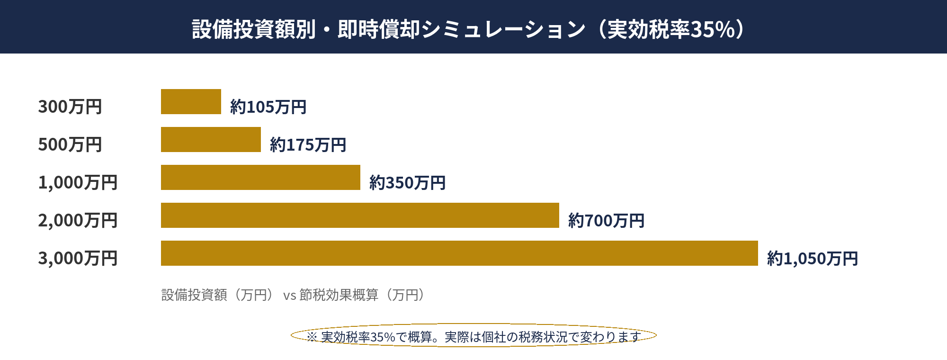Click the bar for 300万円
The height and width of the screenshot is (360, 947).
pyautogui.click(x=191, y=102)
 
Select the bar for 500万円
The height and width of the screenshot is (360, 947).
pyautogui.click(x=211, y=140)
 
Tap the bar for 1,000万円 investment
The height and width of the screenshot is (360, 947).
pyautogui.click(x=260, y=178)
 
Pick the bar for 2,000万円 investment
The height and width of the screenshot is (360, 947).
pyautogui.click(x=360, y=216)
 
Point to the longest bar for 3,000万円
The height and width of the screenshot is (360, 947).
pyautogui.click(x=459, y=253)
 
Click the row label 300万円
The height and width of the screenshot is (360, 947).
pyautogui.click(x=70, y=107)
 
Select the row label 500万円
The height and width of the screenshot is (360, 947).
pyautogui.click(x=70, y=144)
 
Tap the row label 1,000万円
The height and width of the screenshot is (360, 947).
pyautogui.click(x=78, y=182)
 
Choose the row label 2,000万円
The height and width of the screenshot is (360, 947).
pyautogui.click(x=78, y=220)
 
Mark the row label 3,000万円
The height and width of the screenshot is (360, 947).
pyautogui.click(x=78, y=258)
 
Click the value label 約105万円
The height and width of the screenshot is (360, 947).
pyautogui.click(x=268, y=107)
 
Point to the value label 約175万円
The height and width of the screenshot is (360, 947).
pyautogui.click(x=308, y=145)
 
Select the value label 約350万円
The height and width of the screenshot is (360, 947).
pyautogui.click(x=407, y=183)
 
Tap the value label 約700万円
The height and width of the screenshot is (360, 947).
pyautogui.click(x=606, y=221)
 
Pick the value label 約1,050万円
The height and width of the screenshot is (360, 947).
pyautogui.click(x=813, y=259)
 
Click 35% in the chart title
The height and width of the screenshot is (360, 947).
pyautogui.click(x=713, y=29)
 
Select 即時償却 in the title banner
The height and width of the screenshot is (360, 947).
pyautogui.click(x=379, y=29)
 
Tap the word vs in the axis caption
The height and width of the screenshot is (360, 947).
pyautogui.click(x=289, y=296)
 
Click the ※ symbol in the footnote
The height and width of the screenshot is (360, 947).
pyautogui.click(x=312, y=337)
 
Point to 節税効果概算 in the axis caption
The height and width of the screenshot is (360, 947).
pyautogui.click(x=339, y=295)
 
